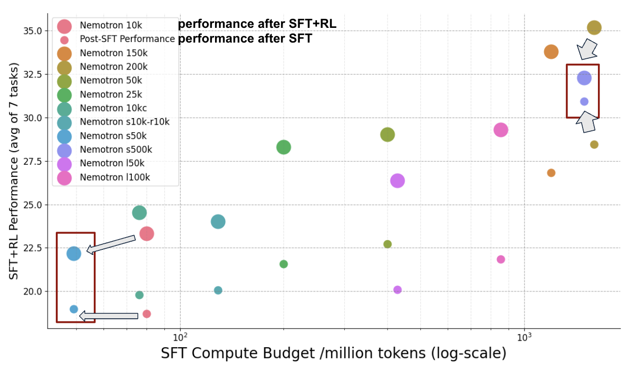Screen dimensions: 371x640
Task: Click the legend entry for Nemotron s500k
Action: point(116,150)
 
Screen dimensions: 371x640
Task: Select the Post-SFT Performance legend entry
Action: point(127,40)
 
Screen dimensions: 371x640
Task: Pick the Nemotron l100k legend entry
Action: point(114,177)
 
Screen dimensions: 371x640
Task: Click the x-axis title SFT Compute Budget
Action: point(333,353)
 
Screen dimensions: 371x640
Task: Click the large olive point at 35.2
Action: point(594,27)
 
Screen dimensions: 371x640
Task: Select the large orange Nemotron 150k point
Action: point(551,52)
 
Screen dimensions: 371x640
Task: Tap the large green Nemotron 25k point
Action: point(283,147)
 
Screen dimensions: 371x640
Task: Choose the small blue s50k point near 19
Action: point(74,309)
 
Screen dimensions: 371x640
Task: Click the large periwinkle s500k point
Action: point(584,78)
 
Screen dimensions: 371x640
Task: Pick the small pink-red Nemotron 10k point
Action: point(147,314)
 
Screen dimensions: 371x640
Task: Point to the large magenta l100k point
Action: point(501,130)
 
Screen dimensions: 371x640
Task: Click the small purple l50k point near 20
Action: point(398,290)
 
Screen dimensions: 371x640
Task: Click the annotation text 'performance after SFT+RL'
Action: point(257,24)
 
